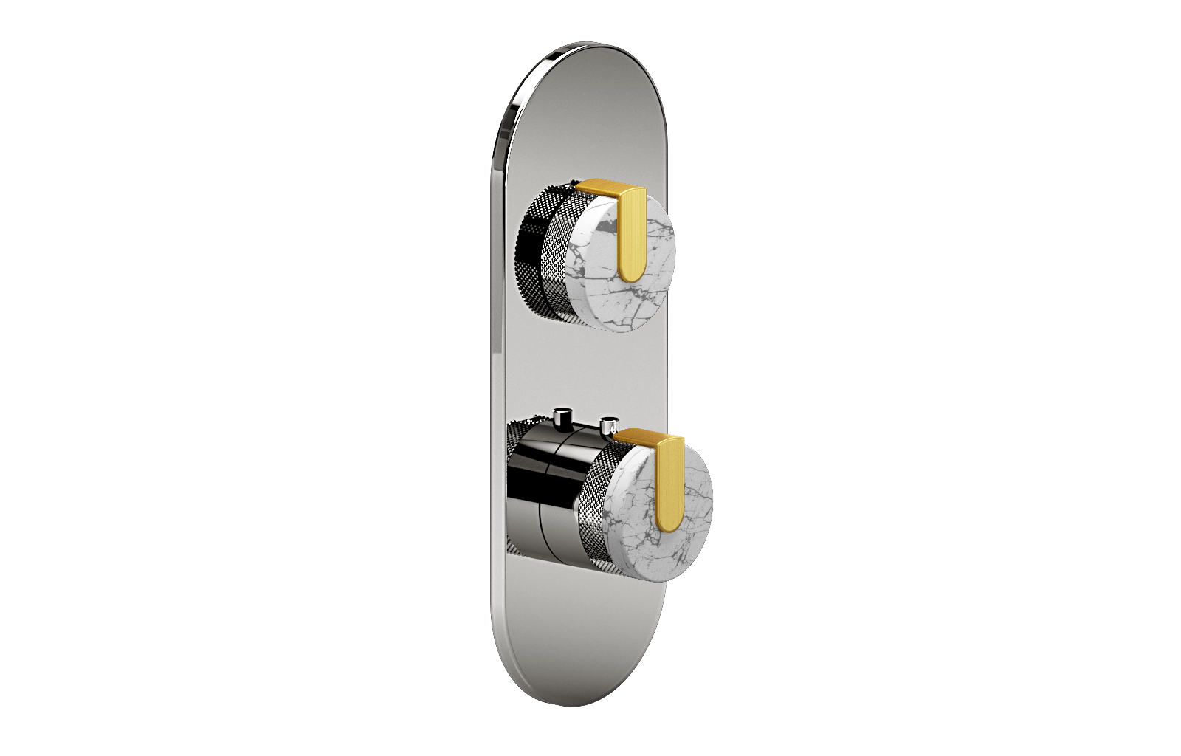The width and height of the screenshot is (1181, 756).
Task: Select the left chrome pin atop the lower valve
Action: click(x=563, y=418)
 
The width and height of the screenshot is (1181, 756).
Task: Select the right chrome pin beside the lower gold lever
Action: click(x=609, y=426)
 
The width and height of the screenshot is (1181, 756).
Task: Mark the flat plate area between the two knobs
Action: click(x=576, y=369)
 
